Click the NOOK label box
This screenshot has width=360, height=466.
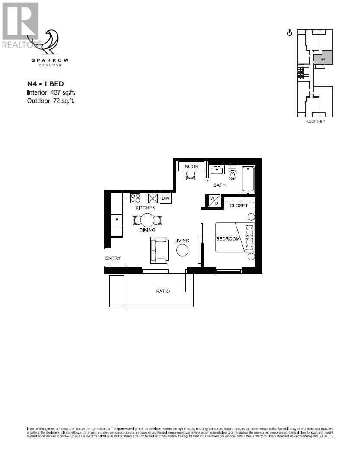pyautogui.click(x=191, y=166)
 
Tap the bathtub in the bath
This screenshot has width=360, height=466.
pyautogui.click(x=248, y=180)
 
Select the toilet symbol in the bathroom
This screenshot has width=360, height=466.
pyautogui.click(x=233, y=174)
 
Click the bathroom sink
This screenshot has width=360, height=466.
pyautogui.click(x=216, y=170)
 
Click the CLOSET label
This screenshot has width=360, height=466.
pyautogui.click(x=239, y=206)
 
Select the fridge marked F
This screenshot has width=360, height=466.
pyautogui.click(x=116, y=220)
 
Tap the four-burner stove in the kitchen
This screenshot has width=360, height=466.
pyautogui.click(x=135, y=198)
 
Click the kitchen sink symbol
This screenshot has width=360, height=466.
pyautogui.click(x=153, y=198)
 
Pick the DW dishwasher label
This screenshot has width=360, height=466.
pyautogui.click(x=166, y=198)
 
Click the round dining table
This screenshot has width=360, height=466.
pyautogui.click(x=147, y=220)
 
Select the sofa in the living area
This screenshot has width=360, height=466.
pyautogui.click(x=159, y=250)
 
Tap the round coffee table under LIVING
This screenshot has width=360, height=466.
pyautogui.click(x=182, y=250)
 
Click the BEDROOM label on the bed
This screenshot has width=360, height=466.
pyautogui.click(x=228, y=239)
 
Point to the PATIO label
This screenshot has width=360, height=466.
pyautogui.click(x=163, y=291)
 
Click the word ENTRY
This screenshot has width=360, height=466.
pyautogui.click(x=113, y=258)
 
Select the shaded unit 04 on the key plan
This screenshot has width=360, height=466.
pyautogui.click(x=323, y=57)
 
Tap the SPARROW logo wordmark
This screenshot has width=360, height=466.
pyautogui.click(x=50, y=60)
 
